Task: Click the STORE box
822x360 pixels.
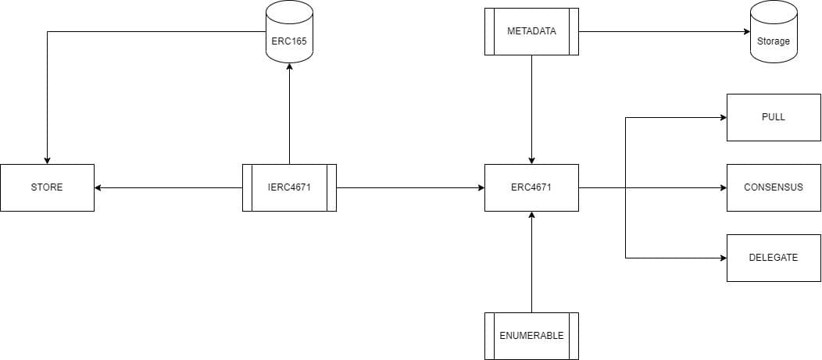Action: (x=47, y=187)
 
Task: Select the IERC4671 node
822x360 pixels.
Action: (x=289, y=187)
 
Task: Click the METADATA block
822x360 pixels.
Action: (x=531, y=31)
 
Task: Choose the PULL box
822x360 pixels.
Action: (x=774, y=117)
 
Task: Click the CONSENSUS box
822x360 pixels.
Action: (x=774, y=187)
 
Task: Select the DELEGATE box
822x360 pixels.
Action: (x=774, y=258)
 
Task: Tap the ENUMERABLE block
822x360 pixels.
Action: (x=531, y=336)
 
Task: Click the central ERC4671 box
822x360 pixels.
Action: (x=531, y=187)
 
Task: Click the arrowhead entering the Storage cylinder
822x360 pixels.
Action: (x=745, y=31)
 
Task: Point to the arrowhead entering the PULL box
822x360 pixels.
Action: (x=722, y=117)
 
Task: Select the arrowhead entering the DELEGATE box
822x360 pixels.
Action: (x=722, y=258)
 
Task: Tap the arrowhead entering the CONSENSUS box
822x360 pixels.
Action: (x=722, y=187)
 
